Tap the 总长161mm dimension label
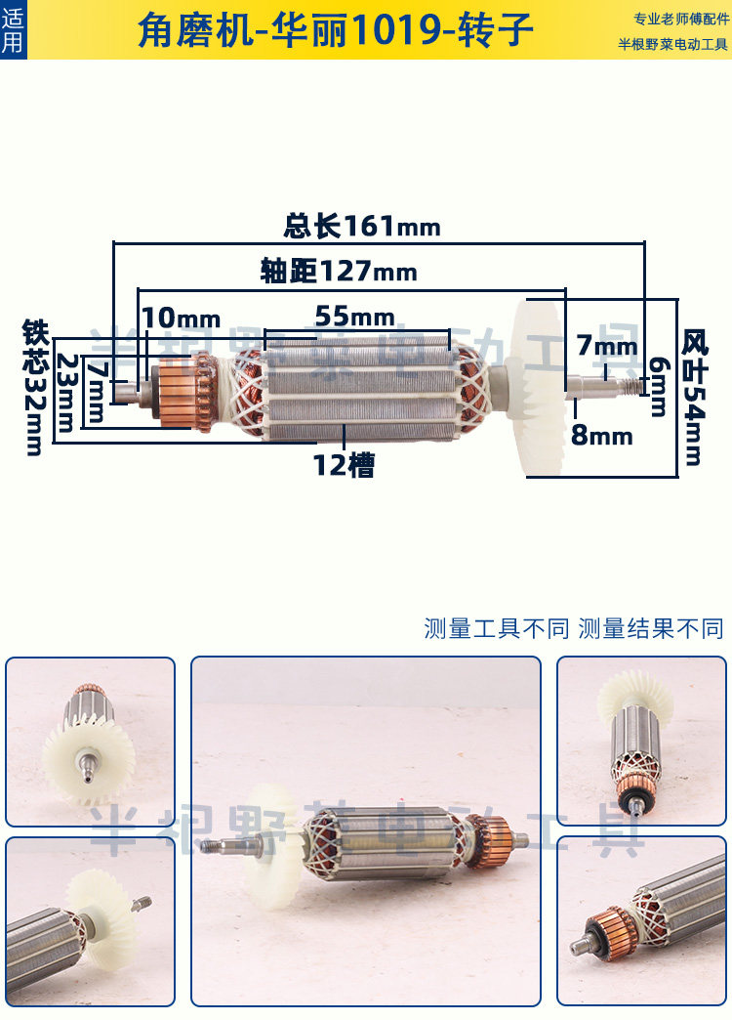click(x=362, y=227)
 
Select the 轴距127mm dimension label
click(x=339, y=271)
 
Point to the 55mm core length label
click(x=354, y=317)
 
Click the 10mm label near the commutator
click(x=181, y=318)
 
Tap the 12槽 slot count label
click(x=344, y=465)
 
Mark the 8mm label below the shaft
click(x=602, y=435)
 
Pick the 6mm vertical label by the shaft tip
click(x=659, y=384)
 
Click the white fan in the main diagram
click(x=535, y=387)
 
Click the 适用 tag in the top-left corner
click(x=13, y=29)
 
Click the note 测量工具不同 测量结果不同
click(x=574, y=627)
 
